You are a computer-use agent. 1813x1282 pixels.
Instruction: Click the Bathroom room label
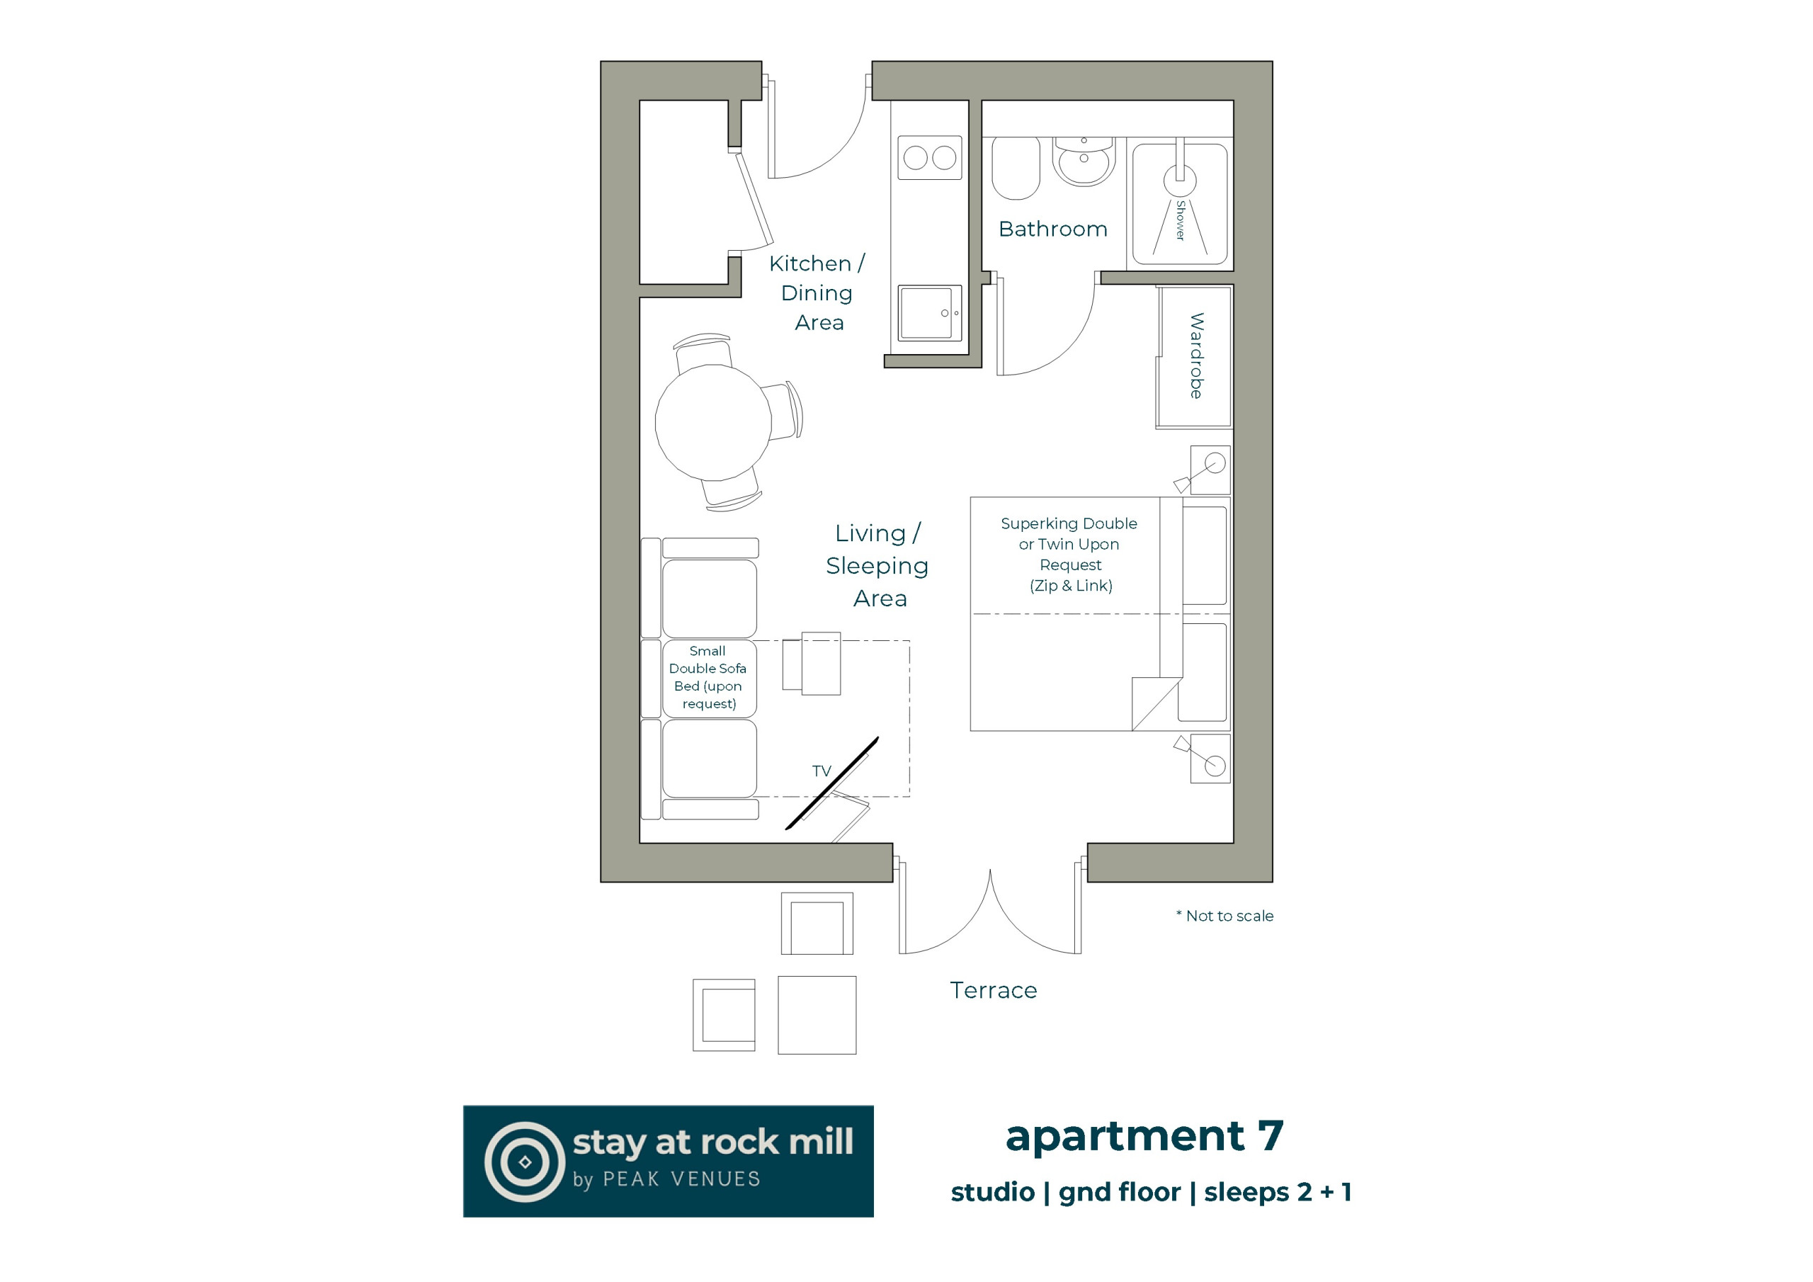(x=1052, y=229)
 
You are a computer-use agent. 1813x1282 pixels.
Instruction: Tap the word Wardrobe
(x=1196, y=356)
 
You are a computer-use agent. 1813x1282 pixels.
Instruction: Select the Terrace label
(x=994, y=989)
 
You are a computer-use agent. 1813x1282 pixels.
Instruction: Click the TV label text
(x=822, y=771)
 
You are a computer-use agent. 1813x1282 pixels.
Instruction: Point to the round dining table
(x=713, y=423)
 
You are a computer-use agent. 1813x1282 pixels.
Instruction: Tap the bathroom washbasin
(x=1084, y=161)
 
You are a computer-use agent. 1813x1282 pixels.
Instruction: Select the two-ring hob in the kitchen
(x=929, y=158)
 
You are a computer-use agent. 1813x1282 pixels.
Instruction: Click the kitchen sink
(x=929, y=313)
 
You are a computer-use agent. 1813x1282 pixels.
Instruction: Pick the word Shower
(x=1181, y=220)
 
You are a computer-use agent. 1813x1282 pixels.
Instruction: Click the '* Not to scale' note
(x=1224, y=916)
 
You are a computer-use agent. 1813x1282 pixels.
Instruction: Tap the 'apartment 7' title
(x=1144, y=1136)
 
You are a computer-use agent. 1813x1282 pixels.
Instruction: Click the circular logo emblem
(x=524, y=1162)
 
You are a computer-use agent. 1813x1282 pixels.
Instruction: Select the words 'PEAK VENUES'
(x=681, y=1179)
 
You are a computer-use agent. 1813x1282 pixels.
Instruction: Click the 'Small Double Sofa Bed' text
(x=707, y=677)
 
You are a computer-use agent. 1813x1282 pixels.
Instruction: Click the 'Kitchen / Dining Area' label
(x=817, y=293)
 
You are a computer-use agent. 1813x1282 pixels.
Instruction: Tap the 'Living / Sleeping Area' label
(x=877, y=565)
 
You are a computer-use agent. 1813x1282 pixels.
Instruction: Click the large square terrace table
(x=817, y=1015)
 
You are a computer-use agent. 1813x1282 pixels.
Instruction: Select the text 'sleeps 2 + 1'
(x=1278, y=1192)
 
